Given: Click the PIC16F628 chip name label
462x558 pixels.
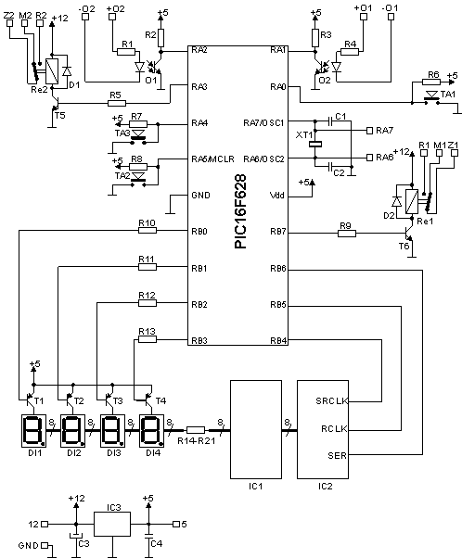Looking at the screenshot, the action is pyautogui.click(x=240, y=211).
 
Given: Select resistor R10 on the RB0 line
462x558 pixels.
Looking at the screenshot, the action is pyautogui.click(x=148, y=231).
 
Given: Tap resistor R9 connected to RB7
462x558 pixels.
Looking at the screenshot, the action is pyautogui.click(x=347, y=234).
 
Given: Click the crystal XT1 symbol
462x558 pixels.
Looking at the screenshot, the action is pyautogui.click(x=315, y=144).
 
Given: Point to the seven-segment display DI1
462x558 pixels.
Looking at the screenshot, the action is pyautogui.click(x=33, y=431).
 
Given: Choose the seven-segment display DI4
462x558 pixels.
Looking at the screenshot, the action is pyautogui.click(x=151, y=431).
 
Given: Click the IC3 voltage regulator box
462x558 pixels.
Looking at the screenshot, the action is pyautogui.click(x=112, y=525).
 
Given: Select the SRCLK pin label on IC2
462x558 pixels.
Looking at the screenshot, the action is pyautogui.click(x=331, y=401).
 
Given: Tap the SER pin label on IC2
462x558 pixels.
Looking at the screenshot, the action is pyautogui.click(x=337, y=455).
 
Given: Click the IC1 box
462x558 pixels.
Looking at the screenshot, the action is pyautogui.click(x=256, y=429).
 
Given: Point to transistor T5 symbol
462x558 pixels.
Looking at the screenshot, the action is pyautogui.click(x=55, y=105).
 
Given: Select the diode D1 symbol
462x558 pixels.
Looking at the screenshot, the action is pyautogui.click(x=66, y=71).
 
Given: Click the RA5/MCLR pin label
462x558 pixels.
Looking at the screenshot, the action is pyautogui.click(x=212, y=159).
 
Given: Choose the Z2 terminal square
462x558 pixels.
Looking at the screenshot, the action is pyautogui.click(x=9, y=23).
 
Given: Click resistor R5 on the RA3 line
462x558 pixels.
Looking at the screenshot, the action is pyautogui.click(x=117, y=104).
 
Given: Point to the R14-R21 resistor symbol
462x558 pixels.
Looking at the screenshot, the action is pyautogui.click(x=196, y=430).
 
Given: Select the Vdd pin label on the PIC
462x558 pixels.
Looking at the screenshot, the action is pyautogui.click(x=277, y=196).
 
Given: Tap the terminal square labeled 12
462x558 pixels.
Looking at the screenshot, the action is pyautogui.click(x=45, y=525).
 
